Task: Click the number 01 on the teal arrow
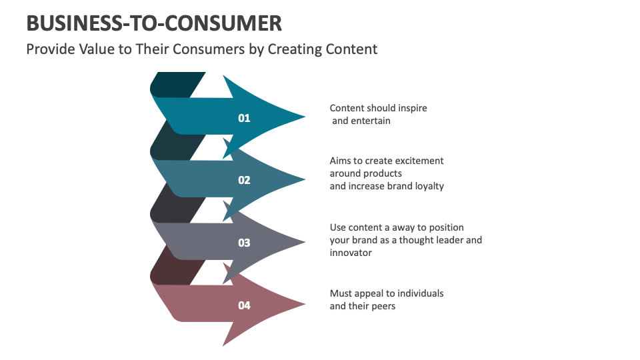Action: point(244,118)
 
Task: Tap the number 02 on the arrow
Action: point(244,180)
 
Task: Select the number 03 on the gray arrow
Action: point(244,243)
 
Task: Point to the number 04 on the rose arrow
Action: point(244,305)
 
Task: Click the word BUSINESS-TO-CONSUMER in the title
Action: point(154,24)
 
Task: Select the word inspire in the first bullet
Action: point(411,108)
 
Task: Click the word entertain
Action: point(372,121)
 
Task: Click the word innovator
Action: point(351,253)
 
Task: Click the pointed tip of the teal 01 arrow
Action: point(305,117)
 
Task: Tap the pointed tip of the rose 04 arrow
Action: point(305,305)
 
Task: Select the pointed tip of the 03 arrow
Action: point(305,242)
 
